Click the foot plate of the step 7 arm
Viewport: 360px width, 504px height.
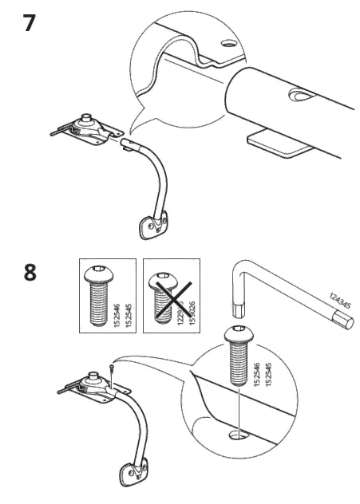(x=151, y=226)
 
